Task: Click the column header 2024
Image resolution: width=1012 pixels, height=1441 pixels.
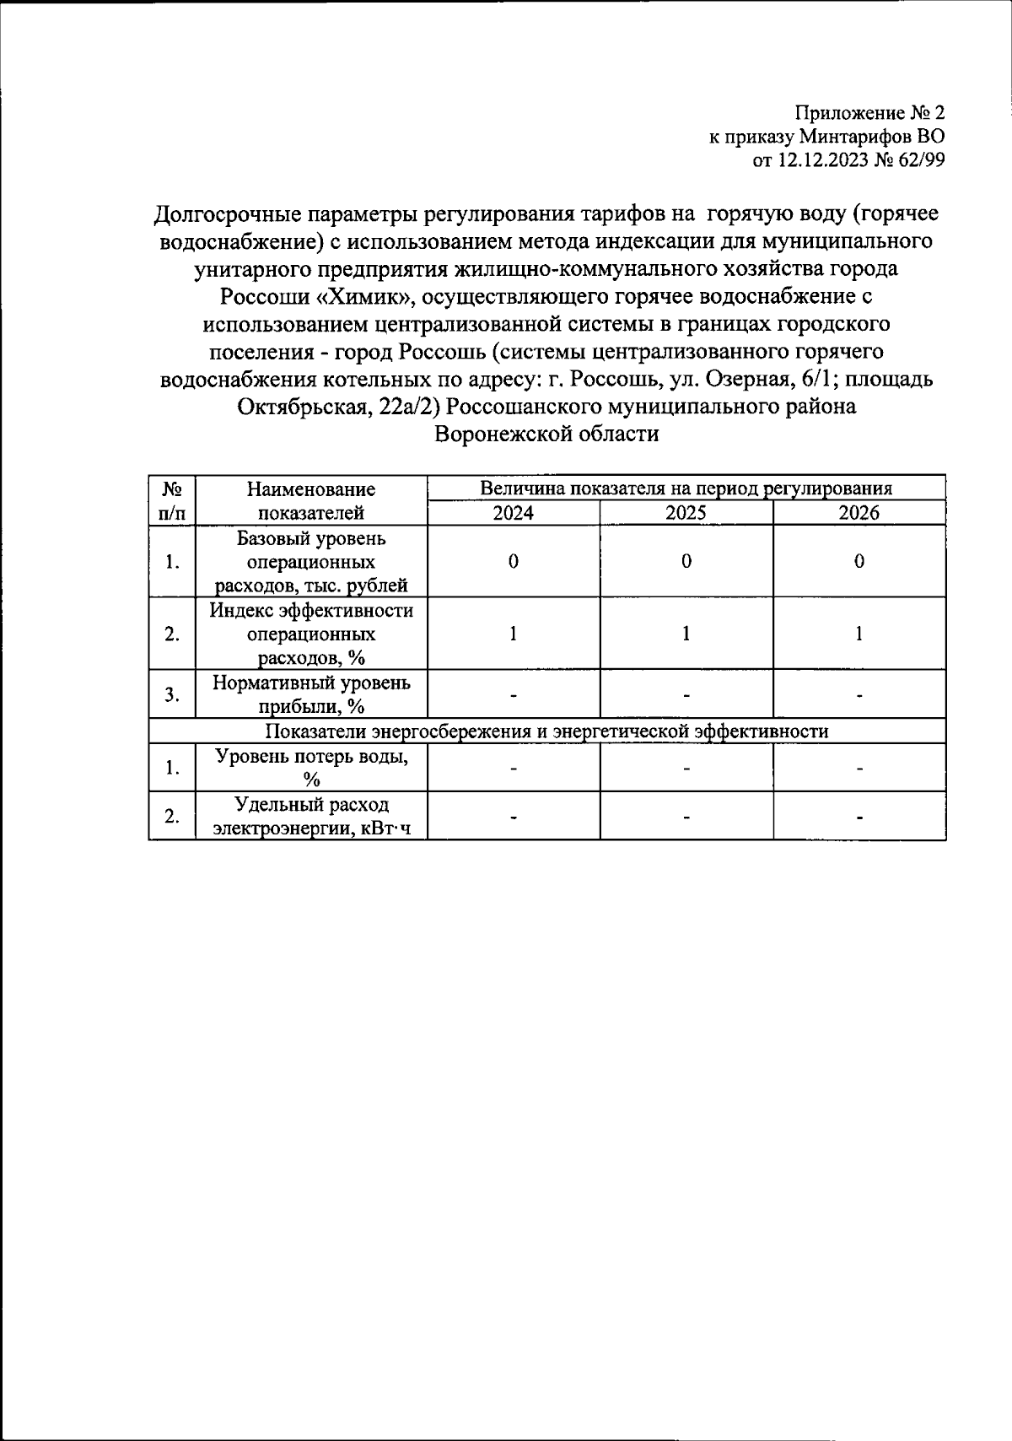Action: [x=513, y=513]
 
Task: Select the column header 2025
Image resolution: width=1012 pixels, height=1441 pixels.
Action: [x=686, y=513]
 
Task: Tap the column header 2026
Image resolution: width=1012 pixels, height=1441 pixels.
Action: [x=859, y=513]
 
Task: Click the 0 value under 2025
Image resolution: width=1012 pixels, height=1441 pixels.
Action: [x=686, y=562]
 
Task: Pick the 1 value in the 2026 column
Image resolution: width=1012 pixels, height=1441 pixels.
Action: [x=859, y=634]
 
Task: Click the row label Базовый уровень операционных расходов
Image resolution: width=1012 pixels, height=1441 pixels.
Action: [x=310, y=562]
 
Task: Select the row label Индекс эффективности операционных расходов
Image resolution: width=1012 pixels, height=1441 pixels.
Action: [x=310, y=634]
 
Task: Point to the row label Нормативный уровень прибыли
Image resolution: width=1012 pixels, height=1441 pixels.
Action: [x=310, y=694]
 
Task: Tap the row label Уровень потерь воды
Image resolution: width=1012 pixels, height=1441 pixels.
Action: [x=310, y=767]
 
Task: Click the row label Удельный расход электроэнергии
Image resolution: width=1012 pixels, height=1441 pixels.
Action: [x=310, y=816]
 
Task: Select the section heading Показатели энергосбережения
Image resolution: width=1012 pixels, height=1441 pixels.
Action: [x=546, y=731]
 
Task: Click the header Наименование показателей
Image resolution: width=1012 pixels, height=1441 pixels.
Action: [x=310, y=501]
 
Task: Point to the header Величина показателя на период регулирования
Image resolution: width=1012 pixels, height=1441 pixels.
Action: [x=686, y=488]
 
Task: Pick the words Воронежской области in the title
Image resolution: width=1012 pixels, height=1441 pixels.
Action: [x=546, y=434]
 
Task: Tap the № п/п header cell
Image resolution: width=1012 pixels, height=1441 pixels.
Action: [x=172, y=501]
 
